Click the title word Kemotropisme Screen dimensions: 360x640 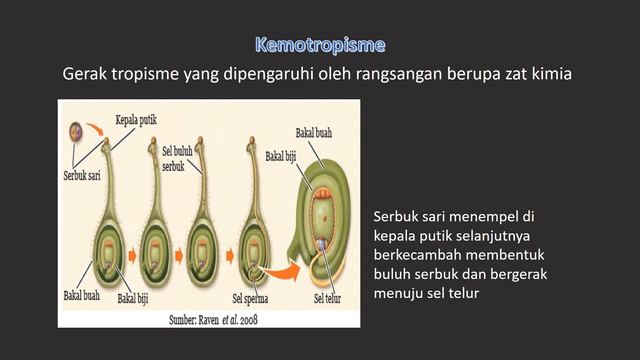coord(320,45)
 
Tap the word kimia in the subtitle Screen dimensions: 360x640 coord(553,73)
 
